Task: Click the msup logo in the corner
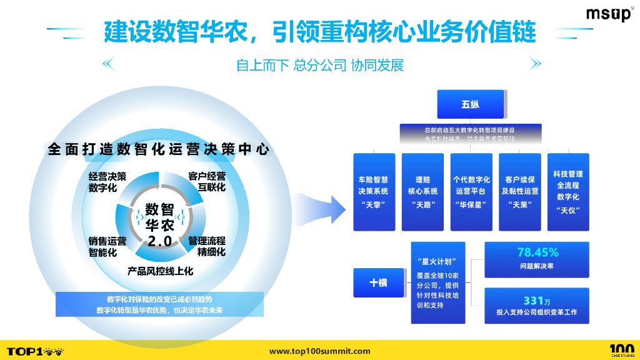tap(609, 14)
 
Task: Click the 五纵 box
tap(470, 104)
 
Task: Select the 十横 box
tap(378, 282)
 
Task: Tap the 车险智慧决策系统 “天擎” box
tap(374, 192)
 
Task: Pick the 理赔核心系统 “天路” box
tap(422, 192)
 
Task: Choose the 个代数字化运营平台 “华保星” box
tap(471, 192)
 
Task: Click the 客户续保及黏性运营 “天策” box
tap(519, 192)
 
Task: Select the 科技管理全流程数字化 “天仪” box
tap(567, 192)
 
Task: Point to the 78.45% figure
tap(537, 252)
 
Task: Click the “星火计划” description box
tap(437, 282)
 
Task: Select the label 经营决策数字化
tap(107, 181)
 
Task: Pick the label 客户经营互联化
tap(207, 181)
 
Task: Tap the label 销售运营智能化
tap(107, 246)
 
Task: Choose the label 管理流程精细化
tap(207, 246)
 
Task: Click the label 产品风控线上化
tap(160, 271)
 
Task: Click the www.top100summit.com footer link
tap(319, 351)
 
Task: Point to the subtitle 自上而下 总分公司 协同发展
tap(320, 65)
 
